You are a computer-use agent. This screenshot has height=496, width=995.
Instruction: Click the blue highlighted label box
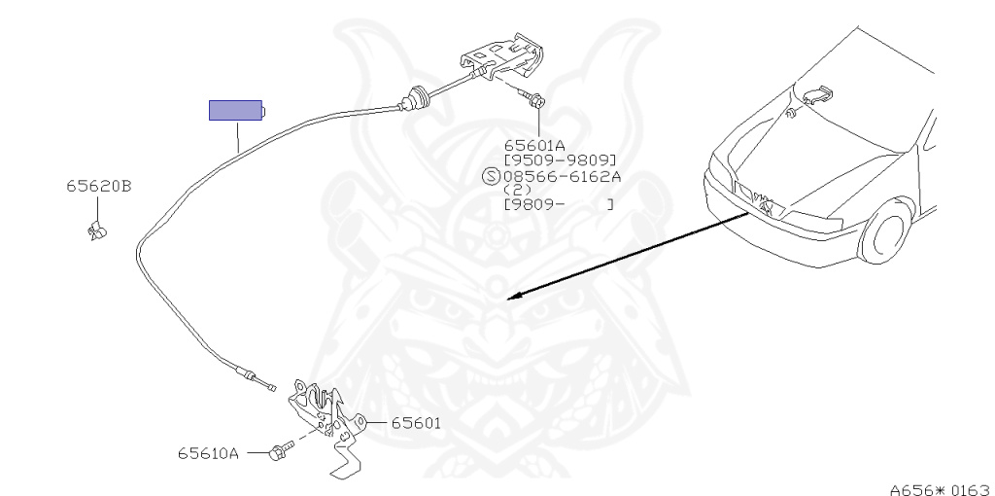pyautogui.click(x=236, y=109)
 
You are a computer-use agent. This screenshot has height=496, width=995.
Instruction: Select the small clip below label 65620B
pyautogui.click(x=96, y=230)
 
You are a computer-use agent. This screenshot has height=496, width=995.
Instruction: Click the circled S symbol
pyautogui.click(x=492, y=176)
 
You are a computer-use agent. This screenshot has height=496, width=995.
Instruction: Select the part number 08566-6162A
pyautogui.click(x=562, y=176)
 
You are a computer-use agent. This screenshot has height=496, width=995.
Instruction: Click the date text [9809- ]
pyautogui.click(x=559, y=204)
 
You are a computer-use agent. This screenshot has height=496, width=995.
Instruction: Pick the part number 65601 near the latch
pyautogui.click(x=416, y=423)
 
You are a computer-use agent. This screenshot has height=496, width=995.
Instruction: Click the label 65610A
pyautogui.click(x=207, y=452)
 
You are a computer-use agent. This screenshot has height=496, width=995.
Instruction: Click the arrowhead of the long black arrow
pyautogui.click(x=515, y=295)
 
